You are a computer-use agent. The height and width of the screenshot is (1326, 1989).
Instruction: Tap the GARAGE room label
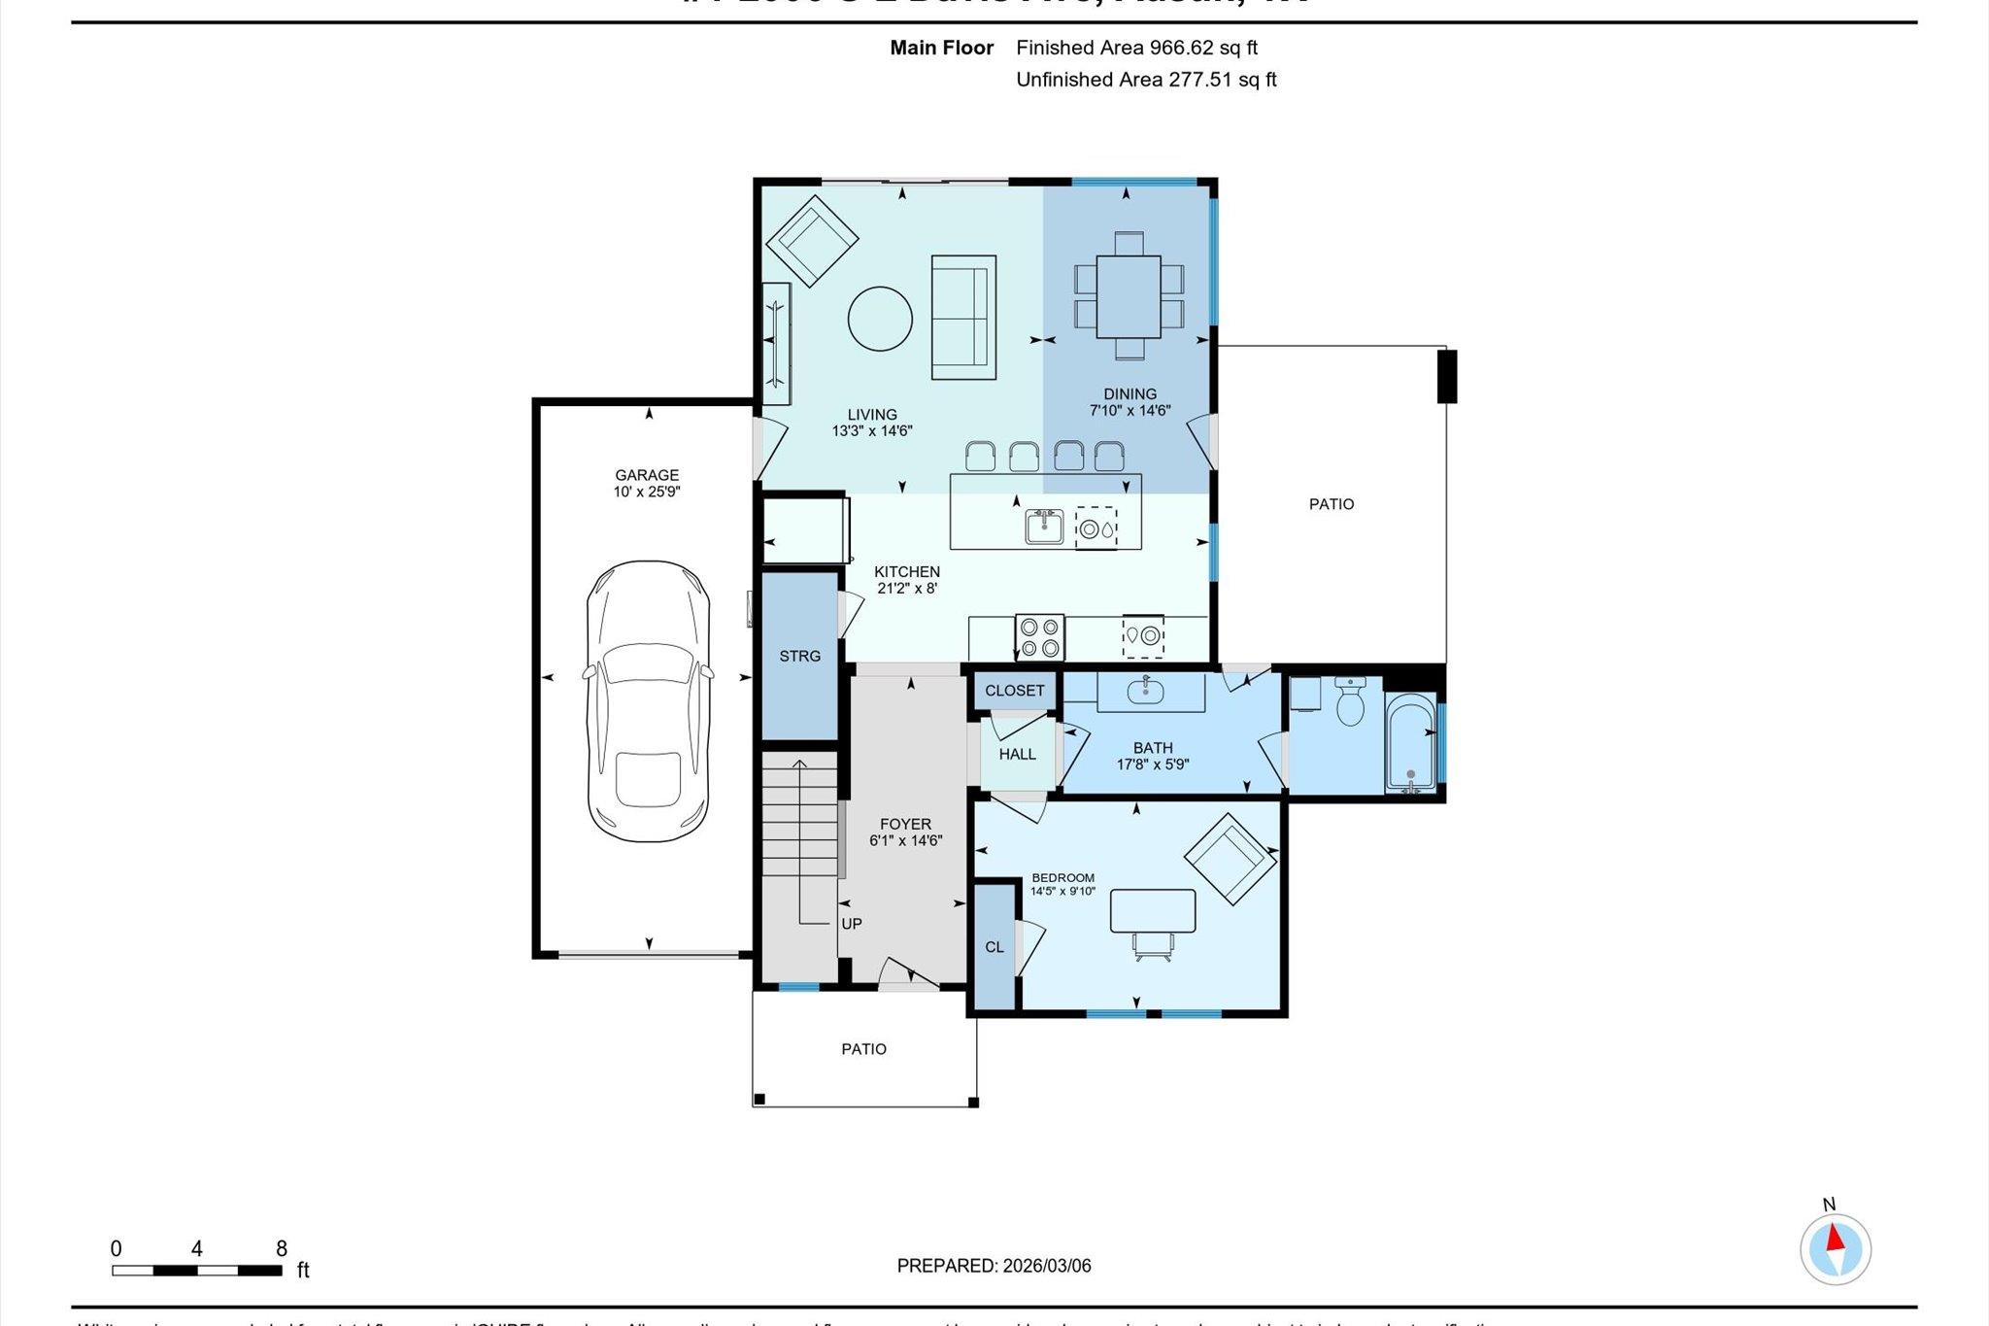(x=647, y=475)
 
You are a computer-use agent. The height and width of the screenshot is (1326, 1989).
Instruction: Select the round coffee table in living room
(x=880, y=318)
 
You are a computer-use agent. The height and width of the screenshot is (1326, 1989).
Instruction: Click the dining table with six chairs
(x=1129, y=296)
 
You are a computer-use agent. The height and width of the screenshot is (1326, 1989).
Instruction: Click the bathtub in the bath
(x=1410, y=743)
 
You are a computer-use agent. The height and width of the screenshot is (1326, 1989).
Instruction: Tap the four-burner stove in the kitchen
(x=1039, y=637)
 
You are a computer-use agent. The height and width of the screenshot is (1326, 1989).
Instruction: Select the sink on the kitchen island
(x=1044, y=527)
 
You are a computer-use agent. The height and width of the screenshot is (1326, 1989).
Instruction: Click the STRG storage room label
(x=799, y=657)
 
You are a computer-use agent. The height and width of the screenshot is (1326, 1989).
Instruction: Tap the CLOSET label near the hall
(x=1014, y=691)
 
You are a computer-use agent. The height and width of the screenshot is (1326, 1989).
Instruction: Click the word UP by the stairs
(x=851, y=924)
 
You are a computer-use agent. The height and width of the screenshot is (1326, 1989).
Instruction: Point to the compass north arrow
(x=1835, y=1239)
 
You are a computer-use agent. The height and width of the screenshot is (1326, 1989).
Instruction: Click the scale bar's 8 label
(x=282, y=1249)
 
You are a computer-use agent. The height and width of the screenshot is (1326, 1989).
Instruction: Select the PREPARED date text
(x=994, y=1266)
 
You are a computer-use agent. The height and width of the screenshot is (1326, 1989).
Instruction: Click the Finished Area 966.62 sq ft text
(x=1136, y=48)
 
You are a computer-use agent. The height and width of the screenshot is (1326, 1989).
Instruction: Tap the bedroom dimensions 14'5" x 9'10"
(x=1062, y=891)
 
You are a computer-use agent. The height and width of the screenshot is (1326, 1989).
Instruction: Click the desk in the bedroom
(x=1153, y=910)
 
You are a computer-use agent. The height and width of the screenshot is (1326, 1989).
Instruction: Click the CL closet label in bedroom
(x=994, y=947)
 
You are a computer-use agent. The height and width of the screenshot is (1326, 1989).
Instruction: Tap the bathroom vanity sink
(x=1146, y=691)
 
